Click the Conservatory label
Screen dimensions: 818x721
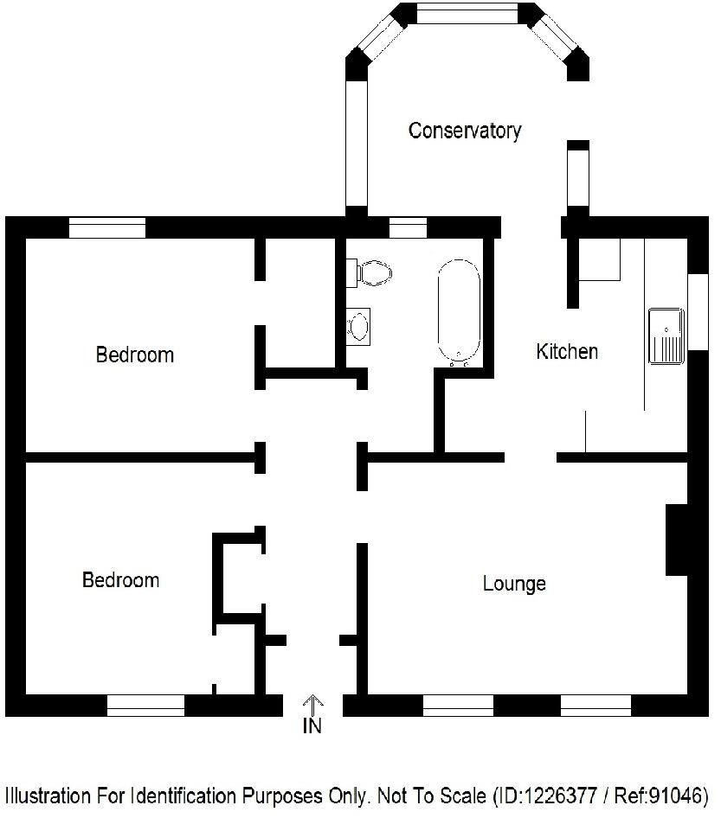[x=465, y=131]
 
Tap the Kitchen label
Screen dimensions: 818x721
[x=567, y=351]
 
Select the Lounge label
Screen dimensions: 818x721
[x=514, y=584]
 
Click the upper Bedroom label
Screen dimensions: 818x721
[x=134, y=355]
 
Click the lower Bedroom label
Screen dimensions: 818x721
[x=120, y=579]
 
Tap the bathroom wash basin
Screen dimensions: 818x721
[x=357, y=326]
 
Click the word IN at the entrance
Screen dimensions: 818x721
[x=312, y=726]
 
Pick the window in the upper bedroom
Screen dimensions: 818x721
[x=107, y=227]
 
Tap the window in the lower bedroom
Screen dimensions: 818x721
[x=145, y=706]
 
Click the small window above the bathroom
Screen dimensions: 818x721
[x=408, y=227]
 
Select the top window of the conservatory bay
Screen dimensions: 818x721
[x=467, y=13]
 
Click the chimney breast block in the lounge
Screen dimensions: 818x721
[x=676, y=539]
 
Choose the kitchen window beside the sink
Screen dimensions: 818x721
[x=698, y=311]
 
